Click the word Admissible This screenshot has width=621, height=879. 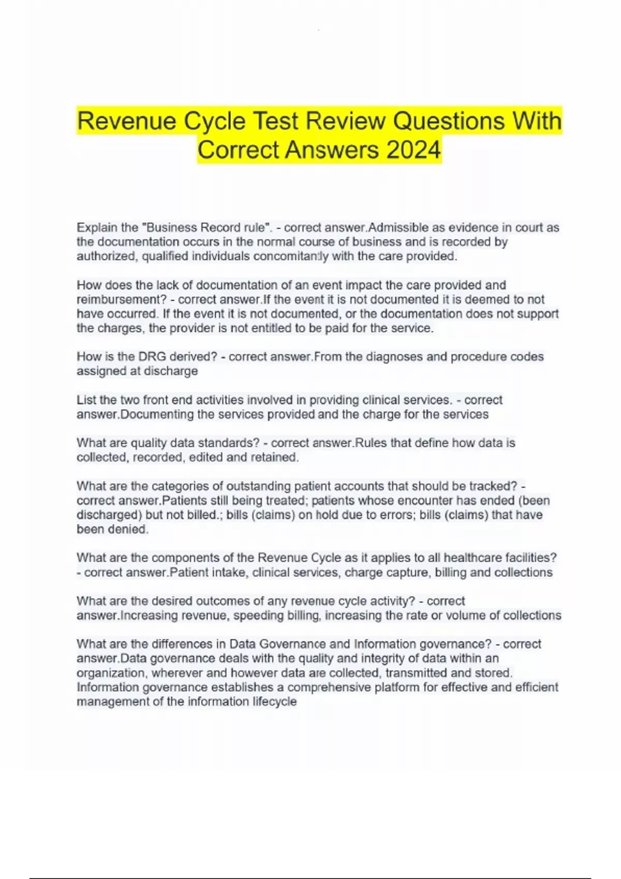click(396, 228)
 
